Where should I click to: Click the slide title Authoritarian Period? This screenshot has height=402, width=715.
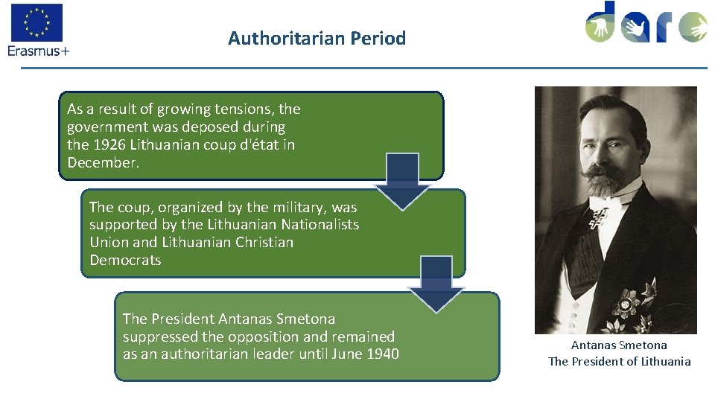pos(317,38)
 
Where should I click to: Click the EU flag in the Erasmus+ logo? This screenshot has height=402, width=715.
pos(36,22)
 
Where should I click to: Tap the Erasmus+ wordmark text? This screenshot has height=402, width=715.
pos(38,51)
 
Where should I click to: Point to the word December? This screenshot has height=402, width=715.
pos(103,162)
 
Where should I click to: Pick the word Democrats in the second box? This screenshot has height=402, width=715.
pos(125,261)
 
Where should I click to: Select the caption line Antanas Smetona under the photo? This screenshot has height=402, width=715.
pos(619,345)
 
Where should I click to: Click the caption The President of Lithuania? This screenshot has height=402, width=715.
pos(619,362)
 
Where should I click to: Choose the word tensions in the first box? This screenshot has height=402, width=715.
pos(244,109)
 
